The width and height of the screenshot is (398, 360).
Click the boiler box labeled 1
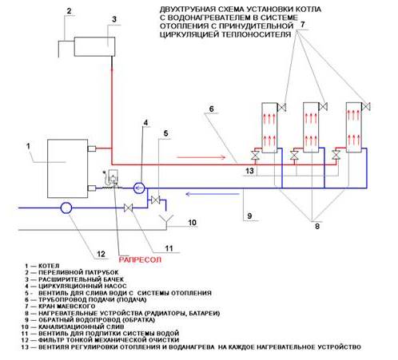(x=67, y=168)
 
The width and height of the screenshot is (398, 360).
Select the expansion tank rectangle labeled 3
(x=94, y=46)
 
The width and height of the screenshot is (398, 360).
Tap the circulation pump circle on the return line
(x=139, y=188)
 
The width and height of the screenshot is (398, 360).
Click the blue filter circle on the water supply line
(x=66, y=208)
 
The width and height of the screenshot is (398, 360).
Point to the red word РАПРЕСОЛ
(x=140, y=259)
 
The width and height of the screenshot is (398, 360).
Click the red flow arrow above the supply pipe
(x=201, y=157)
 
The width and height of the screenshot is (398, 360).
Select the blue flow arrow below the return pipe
(x=213, y=194)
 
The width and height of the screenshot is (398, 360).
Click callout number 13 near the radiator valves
(x=249, y=171)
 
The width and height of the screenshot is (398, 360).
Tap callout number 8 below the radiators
(x=317, y=227)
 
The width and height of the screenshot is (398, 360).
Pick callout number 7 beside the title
(x=302, y=25)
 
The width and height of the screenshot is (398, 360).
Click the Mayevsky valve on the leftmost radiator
(x=282, y=108)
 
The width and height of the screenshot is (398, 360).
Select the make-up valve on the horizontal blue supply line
(x=129, y=208)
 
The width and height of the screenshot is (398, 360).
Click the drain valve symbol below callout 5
(x=155, y=200)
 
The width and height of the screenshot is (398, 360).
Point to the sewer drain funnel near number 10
(x=166, y=220)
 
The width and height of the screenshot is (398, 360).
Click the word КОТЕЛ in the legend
(x=49, y=266)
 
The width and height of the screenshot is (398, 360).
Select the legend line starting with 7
(x=60, y=307)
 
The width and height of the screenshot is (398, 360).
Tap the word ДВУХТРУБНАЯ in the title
(x=188, y=10)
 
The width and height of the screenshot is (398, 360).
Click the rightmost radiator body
(x=354, y=127)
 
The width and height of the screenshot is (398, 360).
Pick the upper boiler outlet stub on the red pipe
(x=92, y=148)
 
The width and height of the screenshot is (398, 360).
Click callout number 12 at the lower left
(x=101, y=254)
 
